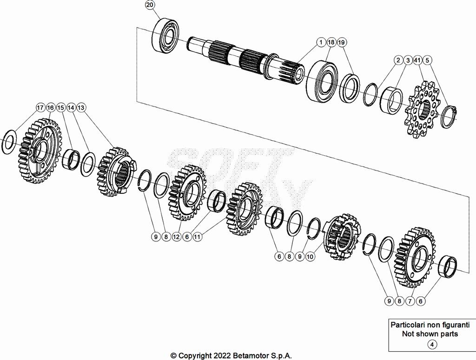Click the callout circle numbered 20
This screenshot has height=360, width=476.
pyautogui.click(x=149, y=5)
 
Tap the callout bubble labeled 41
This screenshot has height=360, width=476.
pyautogui.click(x=417, y=60)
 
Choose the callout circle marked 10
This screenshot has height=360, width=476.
pyautogui.click(x=310, y=256)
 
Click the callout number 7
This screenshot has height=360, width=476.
pyautogui.click(x=410, y=301)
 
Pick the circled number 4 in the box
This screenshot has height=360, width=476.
pyautogui.click(x=432, y=345)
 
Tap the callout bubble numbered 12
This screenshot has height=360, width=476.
pyautogui.click(x=176, y=237)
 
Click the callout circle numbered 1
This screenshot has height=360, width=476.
pyautogui.click(x=321, y=42)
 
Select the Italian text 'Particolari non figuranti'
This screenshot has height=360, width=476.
pyautogui.click(x=430, y=325)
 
